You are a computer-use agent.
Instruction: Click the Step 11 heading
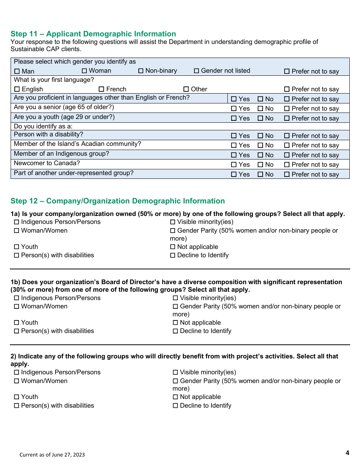(93, 34)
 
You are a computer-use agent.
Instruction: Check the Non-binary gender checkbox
(141, 71)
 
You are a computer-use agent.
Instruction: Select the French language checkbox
(101, 89)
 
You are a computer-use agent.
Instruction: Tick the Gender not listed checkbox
(196, 71)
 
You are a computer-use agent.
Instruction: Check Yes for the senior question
(234, 109)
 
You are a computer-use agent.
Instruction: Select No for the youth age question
(260, 119)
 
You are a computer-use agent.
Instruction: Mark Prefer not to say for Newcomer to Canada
(287, 165)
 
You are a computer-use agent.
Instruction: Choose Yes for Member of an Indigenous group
(234, 155)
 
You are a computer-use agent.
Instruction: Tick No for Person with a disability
(260, 136)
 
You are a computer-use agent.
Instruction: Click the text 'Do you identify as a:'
(43, 126)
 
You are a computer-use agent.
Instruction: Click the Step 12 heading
(117, 201)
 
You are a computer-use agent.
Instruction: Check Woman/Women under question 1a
(17, 231)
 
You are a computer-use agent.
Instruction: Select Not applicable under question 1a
(173, 247)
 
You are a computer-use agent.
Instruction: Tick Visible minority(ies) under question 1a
(173, 222)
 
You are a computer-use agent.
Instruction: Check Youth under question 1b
(17, 323)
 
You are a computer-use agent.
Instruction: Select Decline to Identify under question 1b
(175, 331)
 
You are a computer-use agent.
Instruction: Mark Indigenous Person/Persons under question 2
(17, 372)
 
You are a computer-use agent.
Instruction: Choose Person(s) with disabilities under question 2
(17, 406)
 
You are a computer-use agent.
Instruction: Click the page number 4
(347, 453)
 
